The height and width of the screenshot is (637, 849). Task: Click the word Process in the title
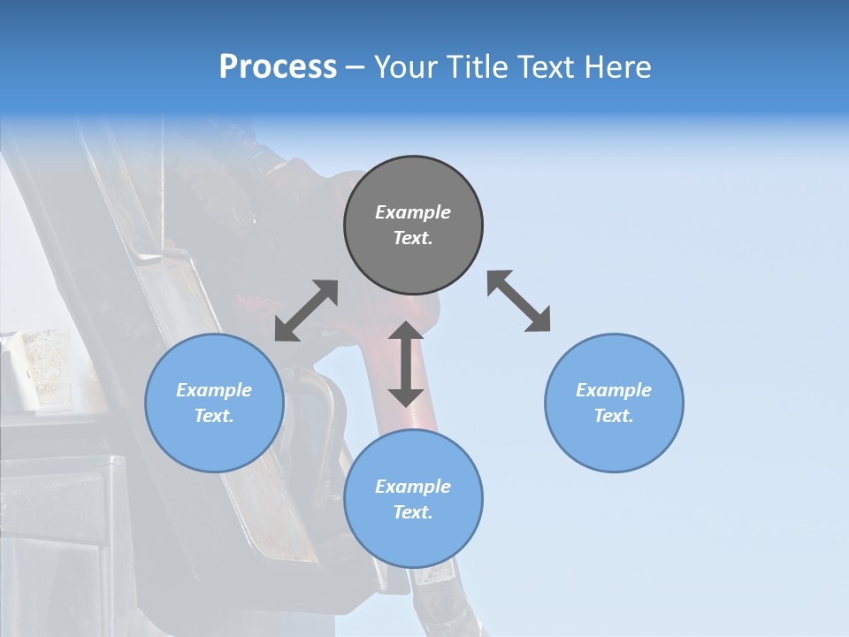pos(278,67)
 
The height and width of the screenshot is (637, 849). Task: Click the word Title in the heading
pos(477,67)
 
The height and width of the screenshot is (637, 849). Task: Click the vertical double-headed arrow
pos(406,364)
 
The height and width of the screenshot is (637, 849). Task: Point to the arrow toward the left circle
pos(306,311)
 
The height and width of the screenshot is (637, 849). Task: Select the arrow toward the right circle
pos(518,301)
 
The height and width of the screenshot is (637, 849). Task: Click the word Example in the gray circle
pos(413,212)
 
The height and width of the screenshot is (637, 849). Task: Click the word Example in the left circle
pos(214,390)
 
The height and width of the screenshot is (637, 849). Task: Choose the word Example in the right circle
pos(614,390)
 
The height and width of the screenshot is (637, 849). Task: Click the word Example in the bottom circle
pos(413,487)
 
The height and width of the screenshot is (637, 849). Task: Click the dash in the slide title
pos(356,68)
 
